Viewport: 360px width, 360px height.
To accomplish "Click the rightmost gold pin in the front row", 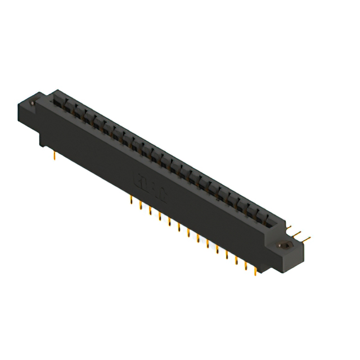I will pyautogui.click(x=255, y=271).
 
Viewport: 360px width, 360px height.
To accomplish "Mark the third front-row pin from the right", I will pyautogui.click(x=236, y=260).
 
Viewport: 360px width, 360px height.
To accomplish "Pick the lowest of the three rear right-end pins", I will pyautogui.click(x=307, y=238).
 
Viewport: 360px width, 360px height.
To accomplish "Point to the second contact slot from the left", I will pyautogui.click(x=68, y=107).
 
